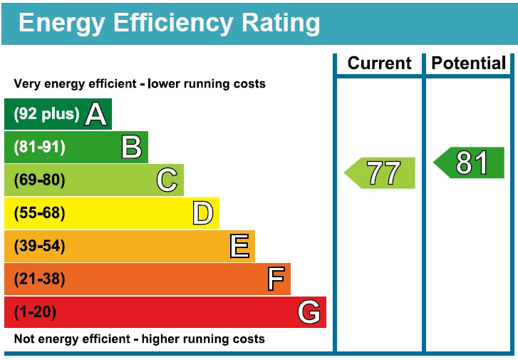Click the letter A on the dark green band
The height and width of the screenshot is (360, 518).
(x=96, y=114)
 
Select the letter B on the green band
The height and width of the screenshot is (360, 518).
(x=132, y=147)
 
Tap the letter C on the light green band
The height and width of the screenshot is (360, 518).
(x=167, y=180)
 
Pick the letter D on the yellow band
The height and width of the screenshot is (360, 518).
(x=203, y=213)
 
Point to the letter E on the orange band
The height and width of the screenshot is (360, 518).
(x=239, y=246)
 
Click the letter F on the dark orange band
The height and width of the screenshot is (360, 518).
(x=276, y=279)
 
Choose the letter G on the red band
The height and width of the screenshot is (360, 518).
(x=309, y=312)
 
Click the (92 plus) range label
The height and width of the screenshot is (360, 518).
(x=46, y=114)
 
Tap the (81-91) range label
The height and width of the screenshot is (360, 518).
(x=39, y=147)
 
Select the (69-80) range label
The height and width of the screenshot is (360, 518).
(x=39, y=180)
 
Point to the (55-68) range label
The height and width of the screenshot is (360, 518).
(x=39, y=213)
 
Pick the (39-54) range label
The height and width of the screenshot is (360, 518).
(x=39, y=246)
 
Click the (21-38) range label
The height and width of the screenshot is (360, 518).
(x=39, y=279)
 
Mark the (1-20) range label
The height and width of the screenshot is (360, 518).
(x=35, y=312)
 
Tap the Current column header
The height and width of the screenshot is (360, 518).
(x=379, y=63)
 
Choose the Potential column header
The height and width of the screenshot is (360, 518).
(x=468, y=63)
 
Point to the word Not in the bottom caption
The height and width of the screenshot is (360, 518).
(x=24, y=339)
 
